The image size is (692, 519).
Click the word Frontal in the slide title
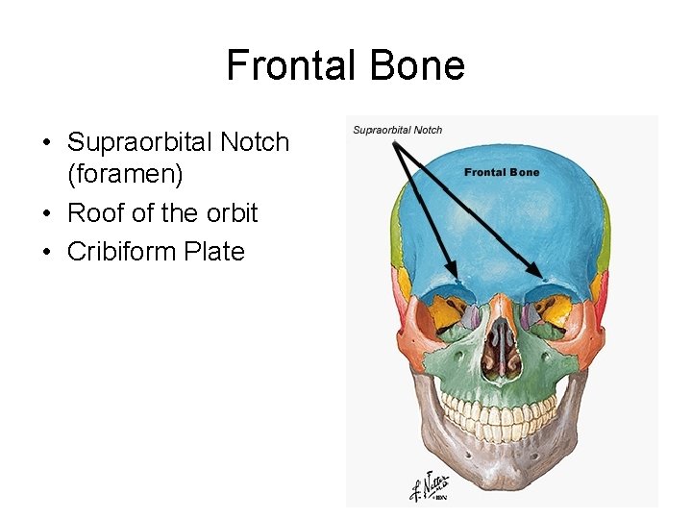pyautogui.click(x=284, y=65)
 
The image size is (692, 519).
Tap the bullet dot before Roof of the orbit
pyautogui.click(x=46, y=213)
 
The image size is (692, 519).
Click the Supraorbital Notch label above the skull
pyautogui.click(x=397, y=130)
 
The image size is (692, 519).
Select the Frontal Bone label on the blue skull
pyautogui.click(x=502, y=172)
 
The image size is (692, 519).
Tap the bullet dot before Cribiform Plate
pyautogui.click(x=46, y=253)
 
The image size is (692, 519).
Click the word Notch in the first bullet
pyautogui.click(x=255, y=142)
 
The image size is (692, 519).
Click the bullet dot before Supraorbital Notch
pyautogui.click(x=46, y=143)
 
